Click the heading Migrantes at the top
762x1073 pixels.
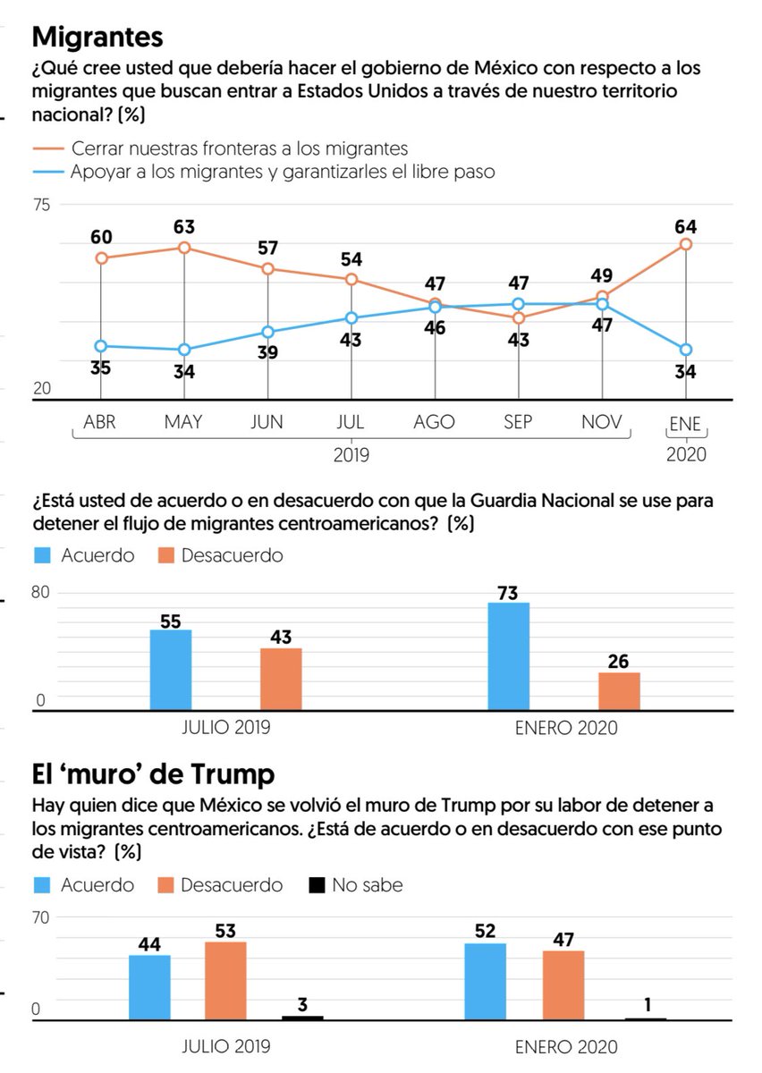click(x=97, y=38)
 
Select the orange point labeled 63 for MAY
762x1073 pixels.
click(x=184, y=248)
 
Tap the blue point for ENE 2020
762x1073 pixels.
click(x=685, y=350)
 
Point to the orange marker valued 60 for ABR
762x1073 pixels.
click(x=101, y=258)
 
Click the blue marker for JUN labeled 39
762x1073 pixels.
click(x=267, y=332)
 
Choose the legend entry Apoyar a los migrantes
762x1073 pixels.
click(x=283, y=172)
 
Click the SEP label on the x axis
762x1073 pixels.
click(x=519, y=423)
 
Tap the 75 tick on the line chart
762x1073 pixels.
click(x=42, y=204)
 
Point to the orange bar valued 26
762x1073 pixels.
click(x=619, y=691)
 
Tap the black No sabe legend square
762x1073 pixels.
click(x=316, y=886)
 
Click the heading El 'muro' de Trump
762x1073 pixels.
click(x=153, y=773)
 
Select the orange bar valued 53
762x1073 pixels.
click(x=225, y=980)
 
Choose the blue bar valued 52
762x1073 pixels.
click(x=485, y=981)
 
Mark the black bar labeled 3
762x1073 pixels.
click(x=302, y=1018)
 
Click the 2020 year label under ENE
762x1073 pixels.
click(x=686, y=454)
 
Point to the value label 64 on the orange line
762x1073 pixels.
click(x=686, y=226)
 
